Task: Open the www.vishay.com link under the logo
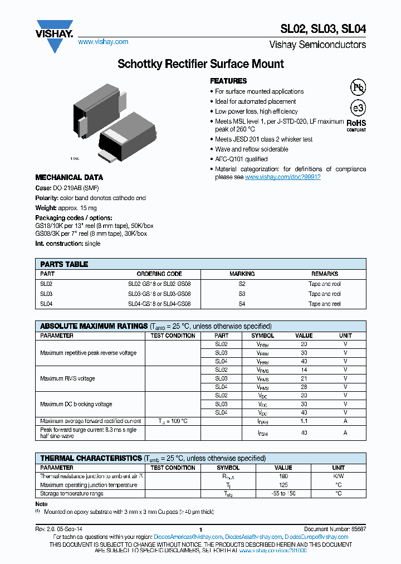pos(103,42)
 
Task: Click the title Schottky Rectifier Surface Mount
pos(200,64)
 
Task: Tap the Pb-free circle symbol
pos(357,87)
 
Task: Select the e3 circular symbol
pos(357,108)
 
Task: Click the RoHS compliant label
pos(356,124)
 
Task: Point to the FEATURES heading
pos(228,81)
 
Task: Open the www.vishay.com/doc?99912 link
pos(282,177)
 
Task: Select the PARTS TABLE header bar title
pos(64,264)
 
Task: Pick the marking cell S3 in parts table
pos(242,294)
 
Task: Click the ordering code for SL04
pos(159,304)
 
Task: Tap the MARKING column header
pos(242,274)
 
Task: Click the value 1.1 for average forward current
pos(304,421)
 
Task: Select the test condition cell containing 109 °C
pos(173,421)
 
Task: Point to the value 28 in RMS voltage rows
pos(304,387)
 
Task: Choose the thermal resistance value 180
pos(283,477)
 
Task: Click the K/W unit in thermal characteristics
pos(338,477)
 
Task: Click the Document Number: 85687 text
pos(335,529)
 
